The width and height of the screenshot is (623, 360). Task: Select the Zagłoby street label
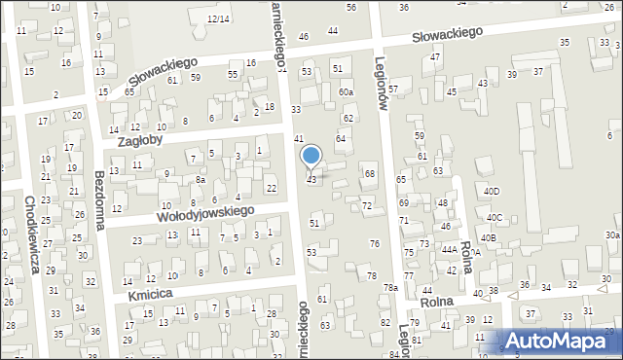(138, 140)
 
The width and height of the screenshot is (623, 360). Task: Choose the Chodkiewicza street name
(31, 234)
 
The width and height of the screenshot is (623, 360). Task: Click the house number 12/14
(218, 18)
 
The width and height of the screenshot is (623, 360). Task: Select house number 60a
(346, 91)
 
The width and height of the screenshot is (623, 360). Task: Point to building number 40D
(492, 192)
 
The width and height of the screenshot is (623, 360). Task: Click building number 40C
(494, 218)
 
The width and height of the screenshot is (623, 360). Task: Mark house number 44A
(449, 249)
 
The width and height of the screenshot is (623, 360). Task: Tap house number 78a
(390, 288)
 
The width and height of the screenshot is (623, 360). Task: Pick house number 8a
(200, 180)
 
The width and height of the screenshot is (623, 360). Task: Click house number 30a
(611, 235)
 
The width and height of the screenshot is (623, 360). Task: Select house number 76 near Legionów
(374, 243)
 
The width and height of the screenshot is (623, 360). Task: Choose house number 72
(366, 205)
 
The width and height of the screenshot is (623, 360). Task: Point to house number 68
(369, 173)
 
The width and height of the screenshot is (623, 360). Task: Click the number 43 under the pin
(311, 180)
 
